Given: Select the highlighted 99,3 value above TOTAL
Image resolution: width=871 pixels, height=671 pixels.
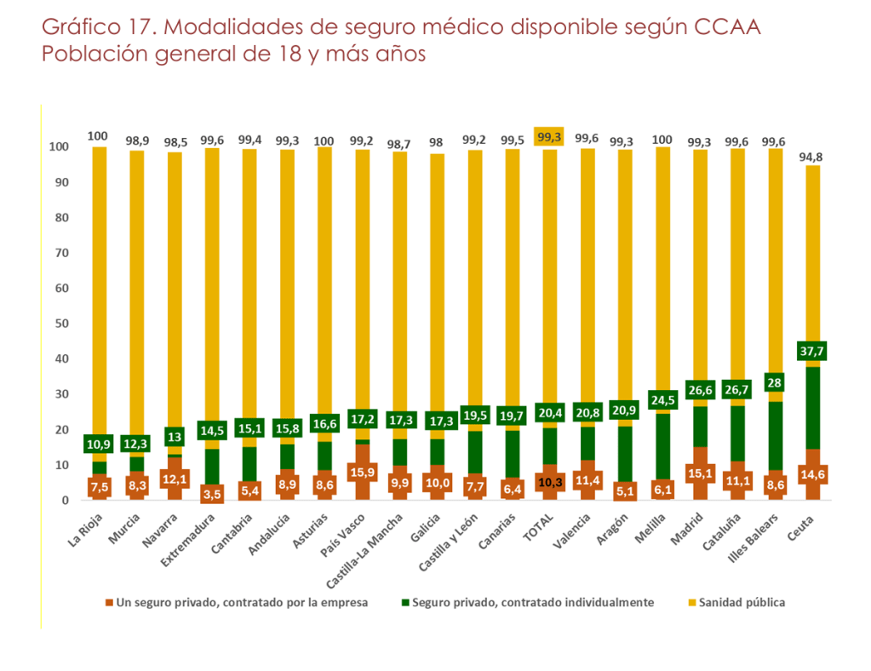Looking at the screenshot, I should (x=550, y=136).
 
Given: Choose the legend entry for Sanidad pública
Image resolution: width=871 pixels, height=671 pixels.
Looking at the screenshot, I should (x=736, y=602).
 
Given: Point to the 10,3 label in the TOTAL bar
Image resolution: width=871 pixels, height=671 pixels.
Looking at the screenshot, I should (x=550, y=484).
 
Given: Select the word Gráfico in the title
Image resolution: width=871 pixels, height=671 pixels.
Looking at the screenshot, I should (x=83, y=27).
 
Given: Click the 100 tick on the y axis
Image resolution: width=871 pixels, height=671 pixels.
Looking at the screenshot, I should (x=58, y=147).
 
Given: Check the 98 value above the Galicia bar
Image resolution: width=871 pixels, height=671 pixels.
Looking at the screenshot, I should (x=436, y=142).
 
